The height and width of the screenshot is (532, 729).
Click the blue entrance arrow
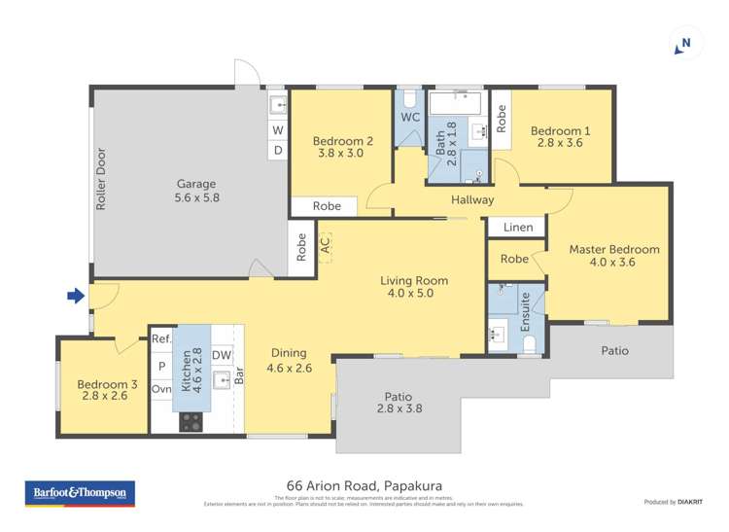[75, 296]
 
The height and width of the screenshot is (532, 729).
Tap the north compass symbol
[685, 43]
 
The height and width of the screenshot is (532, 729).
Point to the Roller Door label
[101, 180]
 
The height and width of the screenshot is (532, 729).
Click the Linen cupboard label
[518, 228]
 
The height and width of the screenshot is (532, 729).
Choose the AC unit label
[325, 243]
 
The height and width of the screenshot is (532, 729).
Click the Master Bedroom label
[613, 250]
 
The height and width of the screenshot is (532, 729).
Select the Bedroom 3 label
[107, 385]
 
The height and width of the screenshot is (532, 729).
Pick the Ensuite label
[526, 311]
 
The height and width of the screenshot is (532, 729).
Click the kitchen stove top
[191, 421]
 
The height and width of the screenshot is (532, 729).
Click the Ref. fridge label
[161, 339]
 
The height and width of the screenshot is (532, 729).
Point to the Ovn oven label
[161, 389]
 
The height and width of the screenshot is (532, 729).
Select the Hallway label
[472, 200]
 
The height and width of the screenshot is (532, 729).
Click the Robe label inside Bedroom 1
[502, 118]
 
